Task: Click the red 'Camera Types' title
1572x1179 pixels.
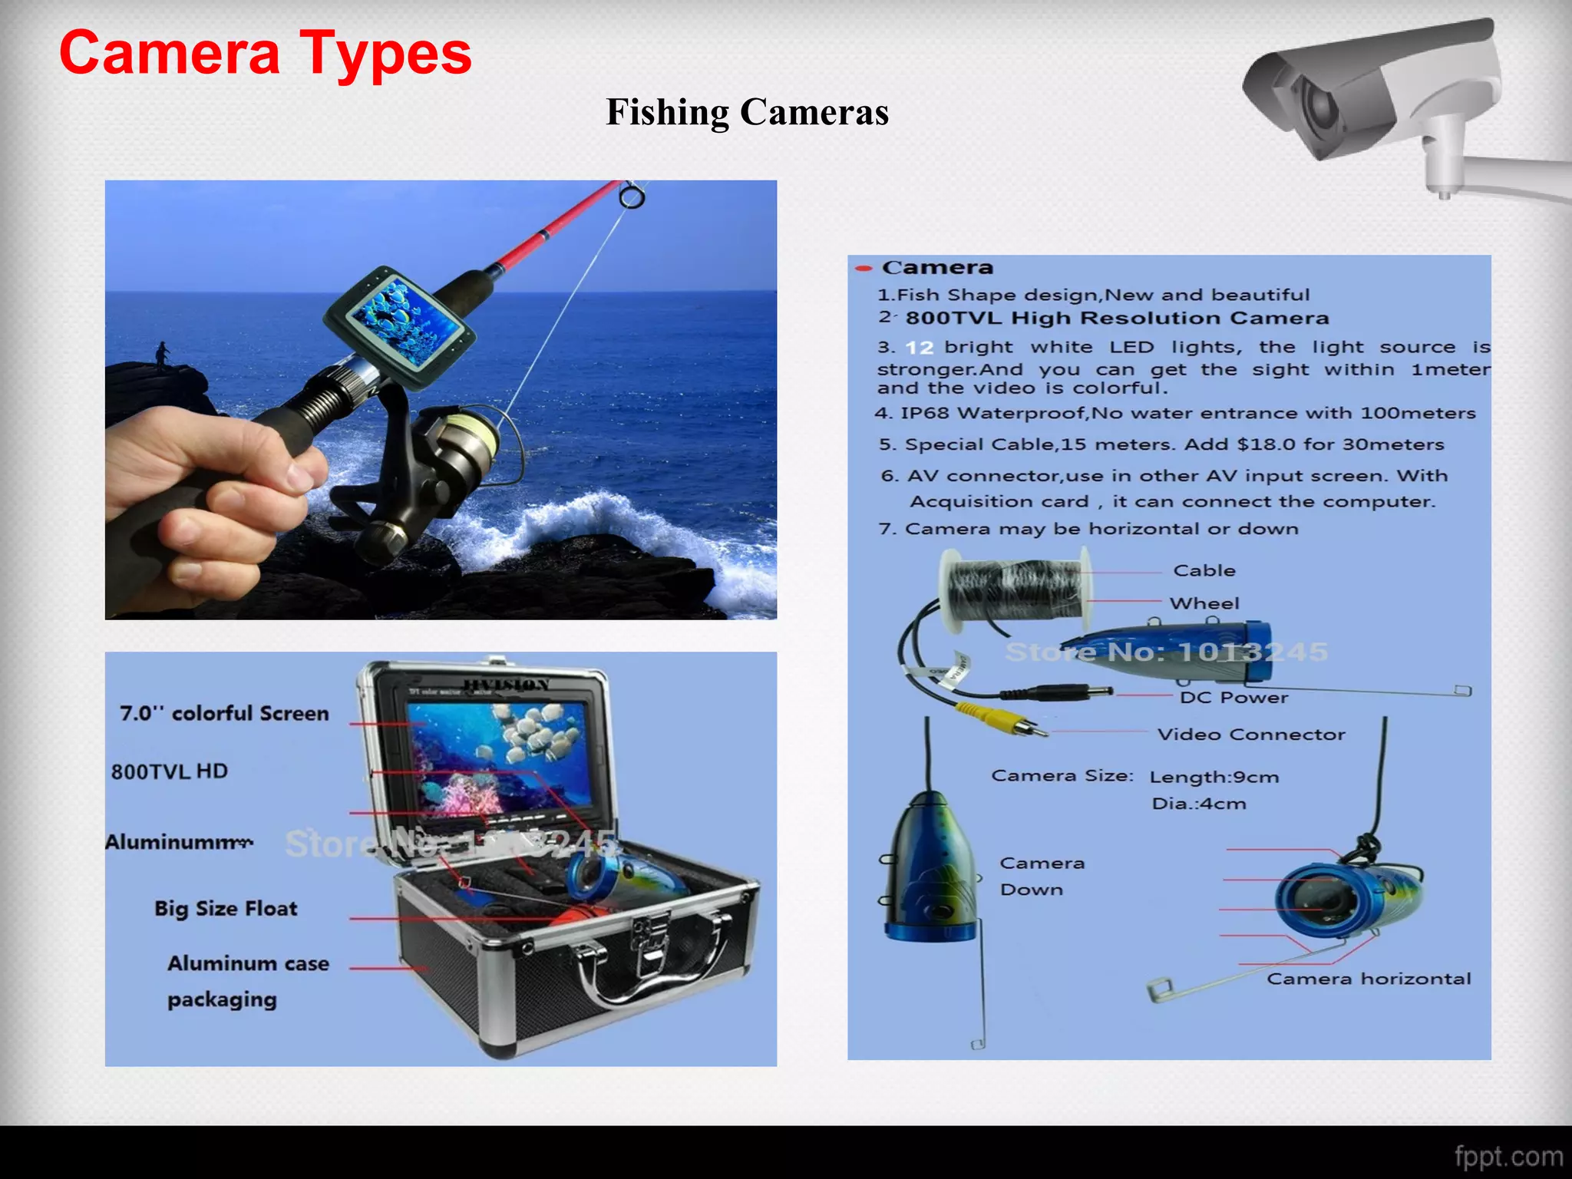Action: [265, 54]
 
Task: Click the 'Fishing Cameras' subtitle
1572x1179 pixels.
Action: [747, 112]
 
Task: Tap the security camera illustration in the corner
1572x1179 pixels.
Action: [1382, 100]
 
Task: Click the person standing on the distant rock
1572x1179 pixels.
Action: [161, 356]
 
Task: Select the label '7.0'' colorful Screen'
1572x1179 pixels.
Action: [224, 714]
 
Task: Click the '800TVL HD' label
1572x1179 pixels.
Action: [170, 771]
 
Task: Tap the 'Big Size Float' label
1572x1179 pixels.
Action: [226, 909]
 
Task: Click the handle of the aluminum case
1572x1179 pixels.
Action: [652, 975]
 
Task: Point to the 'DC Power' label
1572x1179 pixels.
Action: [1233, 698]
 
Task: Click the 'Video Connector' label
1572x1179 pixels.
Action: [1251, 735]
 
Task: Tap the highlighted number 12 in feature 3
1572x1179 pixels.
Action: [919, 348]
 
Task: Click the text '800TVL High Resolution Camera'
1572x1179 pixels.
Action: [1117, 319]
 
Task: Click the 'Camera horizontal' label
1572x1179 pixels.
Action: [1369, 979]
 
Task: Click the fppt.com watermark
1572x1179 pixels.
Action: [1508, 1156]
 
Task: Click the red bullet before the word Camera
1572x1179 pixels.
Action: [864, 268]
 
